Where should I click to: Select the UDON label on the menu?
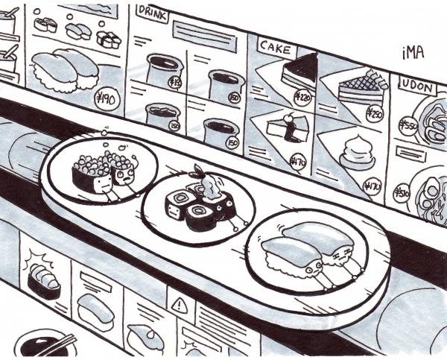[x=418, y=87]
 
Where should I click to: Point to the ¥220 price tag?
[x=303, y=96]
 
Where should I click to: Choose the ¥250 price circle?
[x=374, y=115]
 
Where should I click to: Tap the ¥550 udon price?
[x=408, y=124]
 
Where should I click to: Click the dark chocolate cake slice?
[x=301, y=71]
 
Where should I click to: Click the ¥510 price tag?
[x=402, y=195]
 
